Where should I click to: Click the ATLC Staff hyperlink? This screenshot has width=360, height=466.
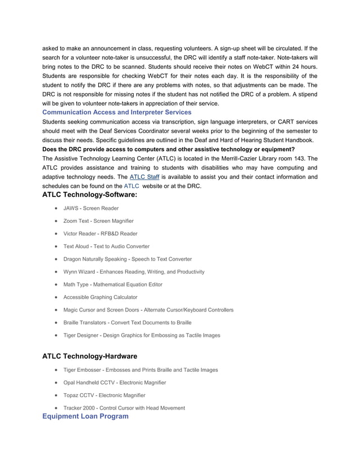(144, 177)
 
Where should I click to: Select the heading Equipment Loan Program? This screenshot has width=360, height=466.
(85, 416)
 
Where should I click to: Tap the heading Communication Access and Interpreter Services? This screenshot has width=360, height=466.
(117, 112)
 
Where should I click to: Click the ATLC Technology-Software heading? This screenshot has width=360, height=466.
(90, 195)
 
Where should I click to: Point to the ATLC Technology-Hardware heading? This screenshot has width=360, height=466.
(90, 356)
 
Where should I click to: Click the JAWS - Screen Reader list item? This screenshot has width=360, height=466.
(91, 208)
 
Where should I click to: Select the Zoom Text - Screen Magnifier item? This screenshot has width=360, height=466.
(98, 221)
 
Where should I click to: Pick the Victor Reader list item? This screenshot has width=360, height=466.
(100, 234)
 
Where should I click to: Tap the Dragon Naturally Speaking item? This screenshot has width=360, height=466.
(127, 259)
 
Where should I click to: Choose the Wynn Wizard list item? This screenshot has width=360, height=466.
(134, 272)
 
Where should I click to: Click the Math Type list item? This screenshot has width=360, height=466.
(112, 284)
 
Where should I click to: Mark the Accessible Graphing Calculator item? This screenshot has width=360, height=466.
(100, 297)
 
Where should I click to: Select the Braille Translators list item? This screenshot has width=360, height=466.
(127, 323)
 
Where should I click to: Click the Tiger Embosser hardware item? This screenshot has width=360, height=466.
(141, 370)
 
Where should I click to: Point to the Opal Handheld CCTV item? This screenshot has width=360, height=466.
(115, 383)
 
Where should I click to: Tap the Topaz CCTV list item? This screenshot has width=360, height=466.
(104, 395)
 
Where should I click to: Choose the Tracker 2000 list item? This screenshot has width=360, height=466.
(124, 408)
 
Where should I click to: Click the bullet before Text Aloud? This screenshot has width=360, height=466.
(57, 247)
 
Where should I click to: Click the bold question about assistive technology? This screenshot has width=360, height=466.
(168, 149)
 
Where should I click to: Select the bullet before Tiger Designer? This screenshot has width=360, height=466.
(57, 336)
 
